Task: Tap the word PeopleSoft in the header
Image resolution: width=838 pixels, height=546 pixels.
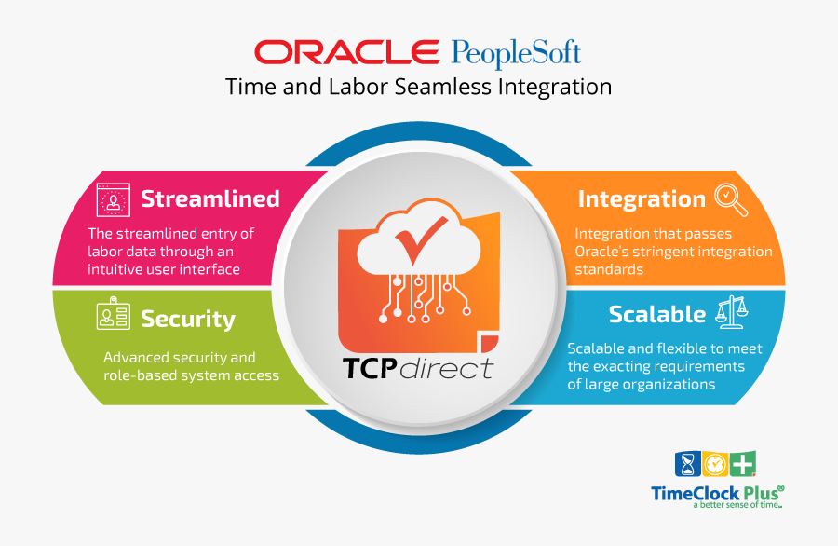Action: pos(516,52)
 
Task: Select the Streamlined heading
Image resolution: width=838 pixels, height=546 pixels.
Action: pos(210,198)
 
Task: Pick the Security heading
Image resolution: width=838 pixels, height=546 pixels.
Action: pos(188,320)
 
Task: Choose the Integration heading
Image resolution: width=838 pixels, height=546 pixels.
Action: pos(642,198)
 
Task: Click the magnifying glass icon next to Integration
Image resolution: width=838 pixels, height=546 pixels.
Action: pos(729,198)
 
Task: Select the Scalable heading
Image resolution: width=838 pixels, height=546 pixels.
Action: pos(657,314)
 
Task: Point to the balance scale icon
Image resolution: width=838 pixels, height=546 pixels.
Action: pos(732,313)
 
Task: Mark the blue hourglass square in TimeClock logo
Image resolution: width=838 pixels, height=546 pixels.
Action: pos(687,465)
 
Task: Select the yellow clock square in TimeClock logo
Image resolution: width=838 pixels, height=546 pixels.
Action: pos(715,465)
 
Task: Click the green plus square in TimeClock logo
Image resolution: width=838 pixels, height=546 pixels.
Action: pos(743,465)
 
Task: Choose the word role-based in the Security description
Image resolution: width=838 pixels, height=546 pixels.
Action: pos(142,375)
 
